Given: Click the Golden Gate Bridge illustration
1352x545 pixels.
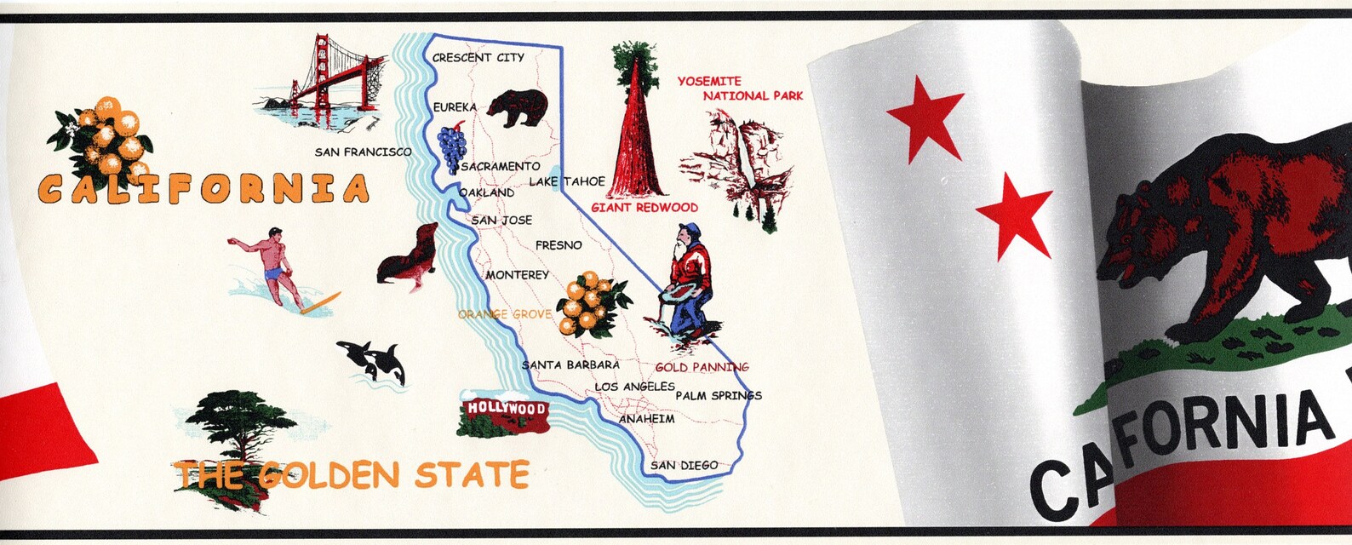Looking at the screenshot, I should pyautogui.click(x=328, y=81).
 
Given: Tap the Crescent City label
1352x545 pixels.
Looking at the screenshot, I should pyautogui.click(x=478, y=58).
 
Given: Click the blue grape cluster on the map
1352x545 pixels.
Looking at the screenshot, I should pyautogui.click(x=450, y=148).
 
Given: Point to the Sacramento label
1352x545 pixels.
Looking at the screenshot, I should pyautogui.click(x=501, y=167).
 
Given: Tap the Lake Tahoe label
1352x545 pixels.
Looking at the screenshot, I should pyautogui.click(x=567, y=181).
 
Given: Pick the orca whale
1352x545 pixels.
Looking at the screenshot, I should pyautogui.click(x=375, y=359).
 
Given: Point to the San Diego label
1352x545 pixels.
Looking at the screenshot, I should pyautogui.click(x=684, y=466).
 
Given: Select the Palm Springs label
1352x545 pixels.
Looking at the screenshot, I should pyautogui.click(x=718, y=396).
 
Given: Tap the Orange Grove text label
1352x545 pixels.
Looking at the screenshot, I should pyautogui.click(x=504, y=314).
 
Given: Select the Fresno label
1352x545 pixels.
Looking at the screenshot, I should pyautogui.click(x=559, y=245).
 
